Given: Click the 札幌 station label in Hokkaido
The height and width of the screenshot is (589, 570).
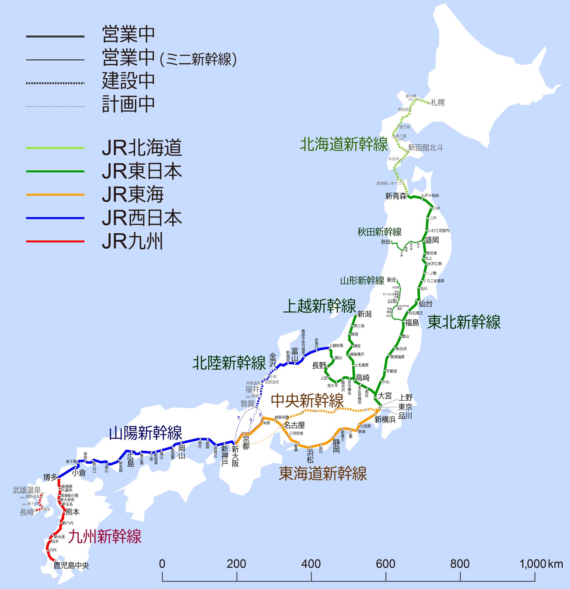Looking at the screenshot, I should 438,103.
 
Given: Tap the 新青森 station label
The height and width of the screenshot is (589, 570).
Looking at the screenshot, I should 396,196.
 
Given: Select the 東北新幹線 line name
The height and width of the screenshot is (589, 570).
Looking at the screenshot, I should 464,322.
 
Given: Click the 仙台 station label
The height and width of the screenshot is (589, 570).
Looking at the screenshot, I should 425,304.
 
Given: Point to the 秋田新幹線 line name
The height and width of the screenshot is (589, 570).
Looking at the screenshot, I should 379,232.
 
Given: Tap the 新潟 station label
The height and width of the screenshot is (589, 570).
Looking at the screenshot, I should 365,314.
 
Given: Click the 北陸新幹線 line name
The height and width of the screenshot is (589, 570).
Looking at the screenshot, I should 229,363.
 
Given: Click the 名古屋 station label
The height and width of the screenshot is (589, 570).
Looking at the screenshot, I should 295,425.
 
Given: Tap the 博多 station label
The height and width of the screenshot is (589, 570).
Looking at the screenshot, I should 50,477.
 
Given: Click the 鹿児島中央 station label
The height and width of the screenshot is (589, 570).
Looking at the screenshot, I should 71,566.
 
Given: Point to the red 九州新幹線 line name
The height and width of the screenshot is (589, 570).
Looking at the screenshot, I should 105,537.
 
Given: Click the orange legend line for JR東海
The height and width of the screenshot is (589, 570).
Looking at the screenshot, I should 55,195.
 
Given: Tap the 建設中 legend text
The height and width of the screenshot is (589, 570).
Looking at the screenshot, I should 128,81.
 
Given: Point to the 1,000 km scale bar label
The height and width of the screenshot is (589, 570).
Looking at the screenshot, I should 541,564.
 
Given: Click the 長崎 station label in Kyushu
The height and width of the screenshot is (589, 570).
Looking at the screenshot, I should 27,512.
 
